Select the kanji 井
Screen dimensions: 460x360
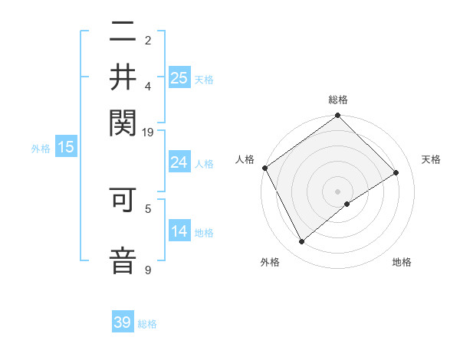pos(123,77)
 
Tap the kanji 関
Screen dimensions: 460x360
pos(123,120)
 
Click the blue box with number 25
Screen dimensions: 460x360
pos(179,77)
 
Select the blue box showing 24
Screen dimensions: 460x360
pos(179,162)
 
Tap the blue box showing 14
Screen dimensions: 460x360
pos(179,231)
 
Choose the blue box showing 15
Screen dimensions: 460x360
pos(66,148)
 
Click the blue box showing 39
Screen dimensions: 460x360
pos(123,322)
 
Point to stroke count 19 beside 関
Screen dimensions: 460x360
pos(148,132)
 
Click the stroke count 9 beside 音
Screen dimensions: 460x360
pos(148,270)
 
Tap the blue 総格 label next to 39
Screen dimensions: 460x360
pos(147,324)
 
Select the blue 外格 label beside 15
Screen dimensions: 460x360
pos(41,149)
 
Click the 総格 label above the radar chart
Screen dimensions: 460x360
pos(337,100)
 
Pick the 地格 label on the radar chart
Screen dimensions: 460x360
pos(402,263)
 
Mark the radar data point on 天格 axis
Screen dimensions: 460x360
pos(396,172)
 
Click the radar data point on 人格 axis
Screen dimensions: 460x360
pos(264,168)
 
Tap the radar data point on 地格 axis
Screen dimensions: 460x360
pos(347,204)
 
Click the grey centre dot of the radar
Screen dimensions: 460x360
pos(337,191)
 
